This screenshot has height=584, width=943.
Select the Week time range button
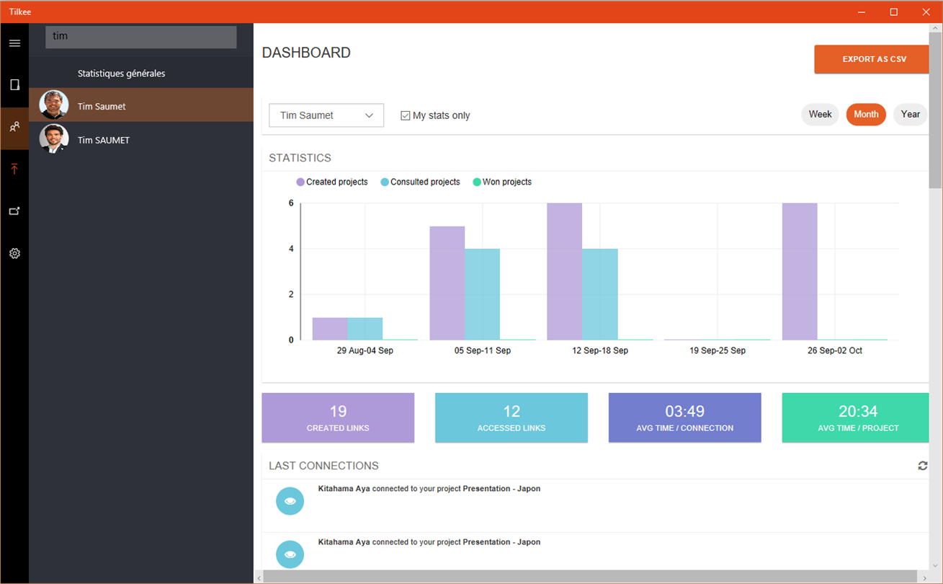click(x=820, y=115)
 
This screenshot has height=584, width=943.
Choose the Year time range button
click(x=910, y=115)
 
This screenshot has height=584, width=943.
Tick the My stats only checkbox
click(x=406, y=115)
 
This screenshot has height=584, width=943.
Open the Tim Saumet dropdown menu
click(x=326, y=115)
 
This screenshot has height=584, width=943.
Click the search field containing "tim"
click(x=141, y=37)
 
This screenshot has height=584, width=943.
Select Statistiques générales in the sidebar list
click(x=121, y=74)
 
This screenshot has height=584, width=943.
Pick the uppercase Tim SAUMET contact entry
click(x=104, y=140)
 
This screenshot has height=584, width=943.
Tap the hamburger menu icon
click(x=14, y=43)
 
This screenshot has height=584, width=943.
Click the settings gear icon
click(x=14, y=254)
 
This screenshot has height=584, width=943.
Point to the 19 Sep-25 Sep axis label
click(x=718, y=350)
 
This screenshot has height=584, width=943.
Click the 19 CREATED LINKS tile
click(x=338, y=417)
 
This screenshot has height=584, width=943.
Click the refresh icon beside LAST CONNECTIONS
click(x=923, y=466)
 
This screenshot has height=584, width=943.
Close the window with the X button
click(x=926, y=12)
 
